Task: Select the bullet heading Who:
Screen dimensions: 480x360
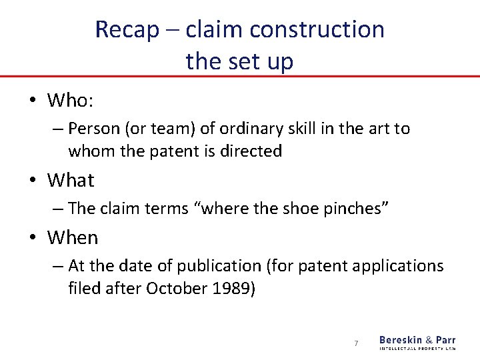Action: click(x=70, y=101)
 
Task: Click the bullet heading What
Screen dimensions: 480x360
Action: click(x=71, y=180)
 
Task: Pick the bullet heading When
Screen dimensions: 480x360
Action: click(x=73, y=237)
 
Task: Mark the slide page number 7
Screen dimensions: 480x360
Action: click(x=356, y=343)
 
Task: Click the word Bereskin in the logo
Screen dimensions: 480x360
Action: click(x=402, y=339)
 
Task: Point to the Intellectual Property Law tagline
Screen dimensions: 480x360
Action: click(x=417, y=348)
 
